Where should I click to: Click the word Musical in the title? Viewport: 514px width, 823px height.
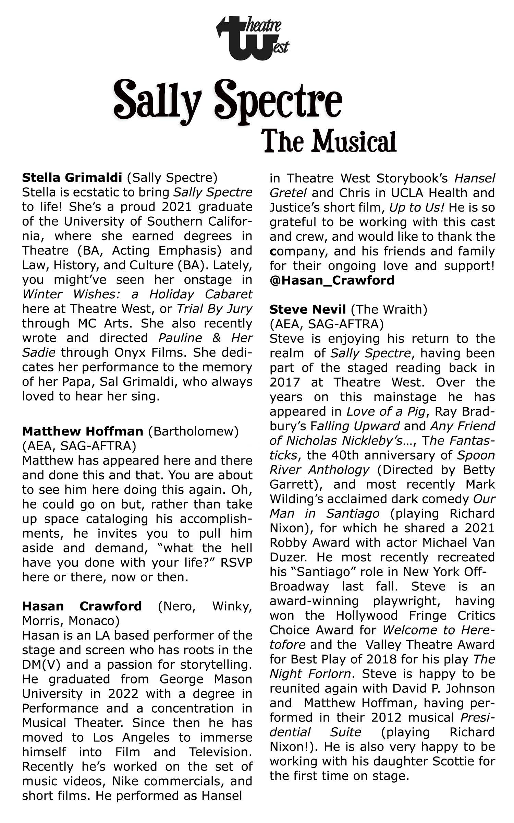tap(354, 142)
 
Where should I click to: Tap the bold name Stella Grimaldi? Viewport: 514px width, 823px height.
tap(72, 178)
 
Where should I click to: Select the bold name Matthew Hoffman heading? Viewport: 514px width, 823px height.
tap(83, 431)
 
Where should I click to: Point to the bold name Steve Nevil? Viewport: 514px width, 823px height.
tap(307, 309)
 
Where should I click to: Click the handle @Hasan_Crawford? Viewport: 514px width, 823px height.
tap(332, 280)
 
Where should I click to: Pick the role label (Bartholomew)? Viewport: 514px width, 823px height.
tap(193, 431)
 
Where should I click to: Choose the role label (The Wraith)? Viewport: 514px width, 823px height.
tap(389, 309)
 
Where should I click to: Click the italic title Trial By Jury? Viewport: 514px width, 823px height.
tap(215, 309)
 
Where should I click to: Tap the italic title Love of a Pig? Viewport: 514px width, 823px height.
tap(385, 411)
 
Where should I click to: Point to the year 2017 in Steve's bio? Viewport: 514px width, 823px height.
tap(285, 382)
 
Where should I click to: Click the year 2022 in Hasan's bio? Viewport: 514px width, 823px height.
tap(124, 694)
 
